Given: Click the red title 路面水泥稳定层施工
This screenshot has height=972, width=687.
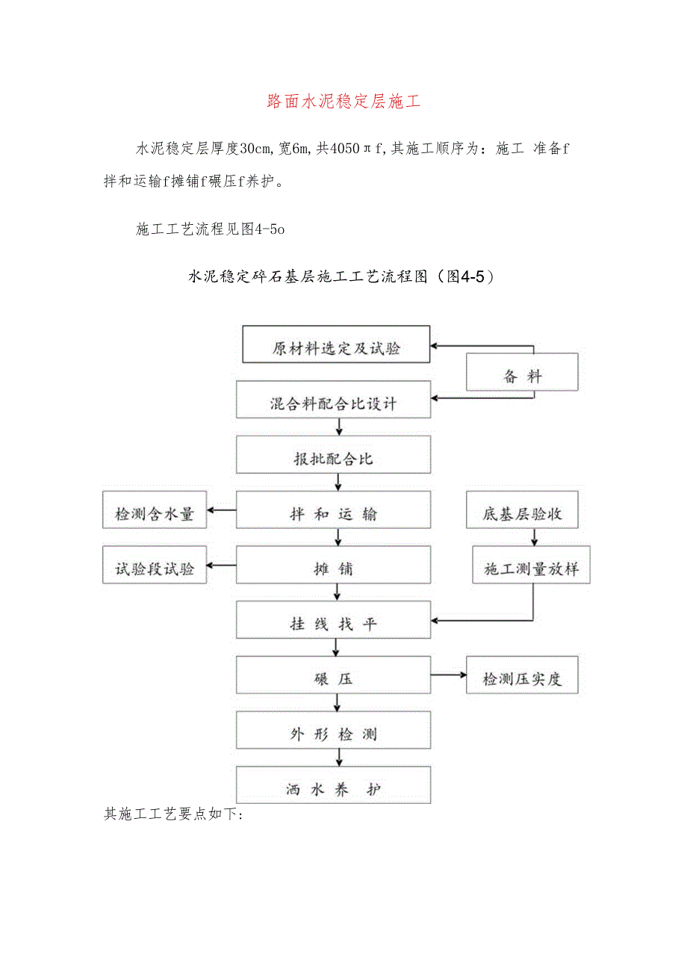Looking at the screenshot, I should pos(343,102).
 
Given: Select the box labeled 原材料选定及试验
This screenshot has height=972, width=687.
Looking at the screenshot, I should pos(336,348).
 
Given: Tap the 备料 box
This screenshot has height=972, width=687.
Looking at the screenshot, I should pos(522,376).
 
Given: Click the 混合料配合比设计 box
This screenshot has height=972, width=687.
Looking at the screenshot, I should pos(334,404).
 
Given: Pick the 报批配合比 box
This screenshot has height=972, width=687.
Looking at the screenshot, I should pos(334,459).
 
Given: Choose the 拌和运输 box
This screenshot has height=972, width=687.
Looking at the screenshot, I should pos(334,514).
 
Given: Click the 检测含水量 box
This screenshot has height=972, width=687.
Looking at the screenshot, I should pos(155,514).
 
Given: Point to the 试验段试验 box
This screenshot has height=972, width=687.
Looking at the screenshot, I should pos(155,569).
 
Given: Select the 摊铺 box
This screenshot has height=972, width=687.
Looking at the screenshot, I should pos(334,569).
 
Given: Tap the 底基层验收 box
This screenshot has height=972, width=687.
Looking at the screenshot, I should pos(522,514).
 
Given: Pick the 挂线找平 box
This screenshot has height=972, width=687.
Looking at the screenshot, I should pos(334,624).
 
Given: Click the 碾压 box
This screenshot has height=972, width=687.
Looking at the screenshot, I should pos(334,679).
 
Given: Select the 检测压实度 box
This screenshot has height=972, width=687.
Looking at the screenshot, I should pos(522,679).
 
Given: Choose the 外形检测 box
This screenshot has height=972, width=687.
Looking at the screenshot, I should pos(334,734).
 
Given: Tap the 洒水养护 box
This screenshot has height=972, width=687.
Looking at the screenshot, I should pos(334,789).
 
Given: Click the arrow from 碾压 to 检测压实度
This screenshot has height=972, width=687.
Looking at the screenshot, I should pos(448,675).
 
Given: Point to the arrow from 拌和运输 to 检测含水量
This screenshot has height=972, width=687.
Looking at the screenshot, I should pos(222,510).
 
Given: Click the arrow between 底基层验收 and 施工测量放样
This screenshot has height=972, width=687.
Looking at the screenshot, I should pos(534,538).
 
